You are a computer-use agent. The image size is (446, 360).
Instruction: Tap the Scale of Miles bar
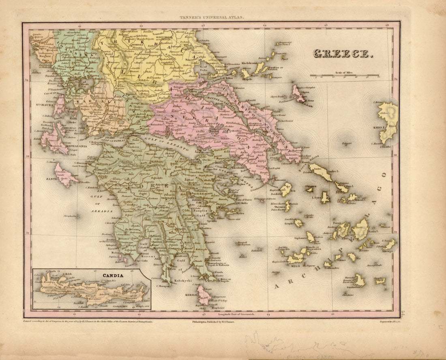pos(345,75)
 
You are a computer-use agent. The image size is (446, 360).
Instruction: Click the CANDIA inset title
pos(113,276)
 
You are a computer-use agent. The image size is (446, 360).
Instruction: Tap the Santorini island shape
pos(360,280)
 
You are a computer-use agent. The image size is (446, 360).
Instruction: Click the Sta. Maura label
pos(47,107)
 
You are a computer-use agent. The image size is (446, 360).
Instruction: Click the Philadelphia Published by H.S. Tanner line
pos(215,321)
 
